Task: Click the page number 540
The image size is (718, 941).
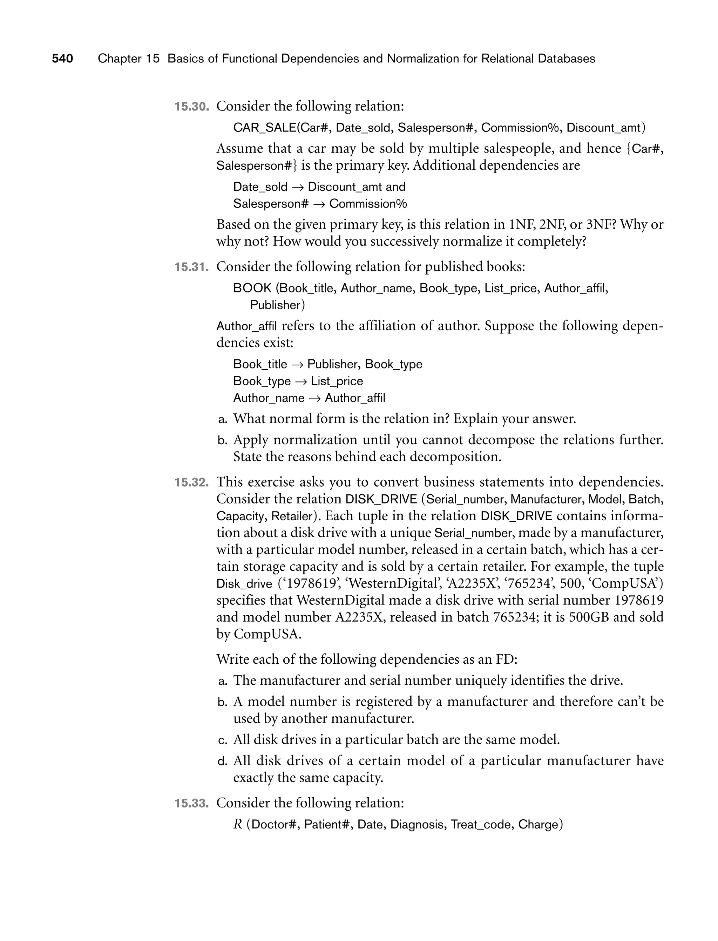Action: tap(62, 59)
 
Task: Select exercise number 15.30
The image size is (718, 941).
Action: tap(191, 107)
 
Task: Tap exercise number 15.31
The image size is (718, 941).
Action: tap(191, 267)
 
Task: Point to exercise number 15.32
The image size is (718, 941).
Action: tap(191, 482)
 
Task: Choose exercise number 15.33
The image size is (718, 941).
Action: tap(191, 804)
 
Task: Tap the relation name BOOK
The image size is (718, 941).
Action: tap(252, 288)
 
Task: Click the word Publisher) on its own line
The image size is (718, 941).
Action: tap(277, 305)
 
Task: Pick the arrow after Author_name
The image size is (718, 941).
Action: tap(314, 398)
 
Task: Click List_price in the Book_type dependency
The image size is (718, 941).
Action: tap(337, 381)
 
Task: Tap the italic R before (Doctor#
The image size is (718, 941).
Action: tap(238, 825)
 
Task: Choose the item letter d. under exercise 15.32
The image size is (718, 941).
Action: tap(222, 761)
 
